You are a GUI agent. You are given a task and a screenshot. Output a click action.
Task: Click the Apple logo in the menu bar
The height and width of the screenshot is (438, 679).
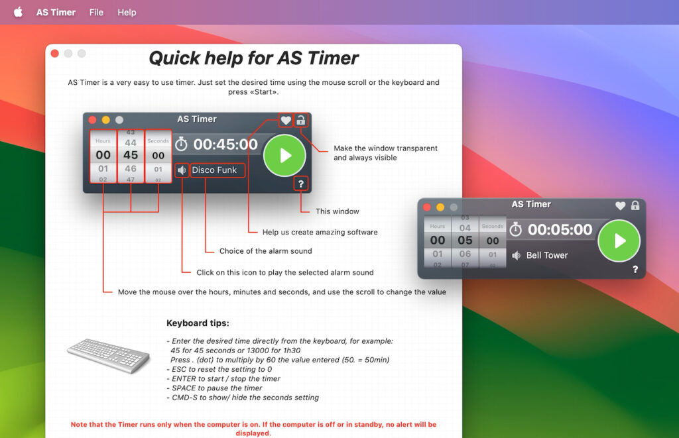click(18, 12)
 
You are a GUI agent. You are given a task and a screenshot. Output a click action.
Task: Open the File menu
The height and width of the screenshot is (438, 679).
click(96, 12)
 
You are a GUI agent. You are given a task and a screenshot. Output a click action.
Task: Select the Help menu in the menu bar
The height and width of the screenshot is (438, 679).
click(127, 12)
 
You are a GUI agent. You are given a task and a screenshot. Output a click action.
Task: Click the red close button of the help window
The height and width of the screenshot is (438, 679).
click(55, 54)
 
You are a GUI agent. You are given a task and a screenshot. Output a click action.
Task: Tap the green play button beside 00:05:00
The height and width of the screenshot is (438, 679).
click(619, 241)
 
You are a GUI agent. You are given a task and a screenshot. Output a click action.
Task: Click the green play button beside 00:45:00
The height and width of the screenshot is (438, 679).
click(284, 156)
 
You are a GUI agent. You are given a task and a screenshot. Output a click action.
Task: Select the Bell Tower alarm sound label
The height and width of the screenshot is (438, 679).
click(547, 255)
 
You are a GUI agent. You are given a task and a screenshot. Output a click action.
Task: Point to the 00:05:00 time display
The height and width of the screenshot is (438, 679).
click(560, 230)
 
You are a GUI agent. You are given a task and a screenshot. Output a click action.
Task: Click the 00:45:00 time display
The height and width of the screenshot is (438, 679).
click(225, 144)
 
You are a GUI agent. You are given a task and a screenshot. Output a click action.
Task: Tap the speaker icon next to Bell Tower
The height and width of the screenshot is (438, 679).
click(516, 255)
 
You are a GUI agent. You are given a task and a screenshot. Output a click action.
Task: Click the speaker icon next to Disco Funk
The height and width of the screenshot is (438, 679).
click(182, 170)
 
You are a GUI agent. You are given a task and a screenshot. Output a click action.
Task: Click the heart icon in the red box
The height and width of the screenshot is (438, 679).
click(286, 120)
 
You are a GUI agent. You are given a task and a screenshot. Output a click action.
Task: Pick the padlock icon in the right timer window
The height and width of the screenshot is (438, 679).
click(635, 205)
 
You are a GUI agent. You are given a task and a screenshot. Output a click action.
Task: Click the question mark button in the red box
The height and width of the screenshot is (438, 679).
click(301, 184)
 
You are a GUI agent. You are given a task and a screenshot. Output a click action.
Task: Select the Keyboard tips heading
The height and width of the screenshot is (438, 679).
click(198, 323)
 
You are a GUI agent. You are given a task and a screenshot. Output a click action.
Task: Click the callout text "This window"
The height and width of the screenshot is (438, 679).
click(338, 211)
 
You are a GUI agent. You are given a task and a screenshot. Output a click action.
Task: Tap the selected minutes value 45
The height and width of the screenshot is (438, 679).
click(131, 155)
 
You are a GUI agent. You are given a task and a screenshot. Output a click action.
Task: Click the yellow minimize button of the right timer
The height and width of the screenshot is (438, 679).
click(440, 207)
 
